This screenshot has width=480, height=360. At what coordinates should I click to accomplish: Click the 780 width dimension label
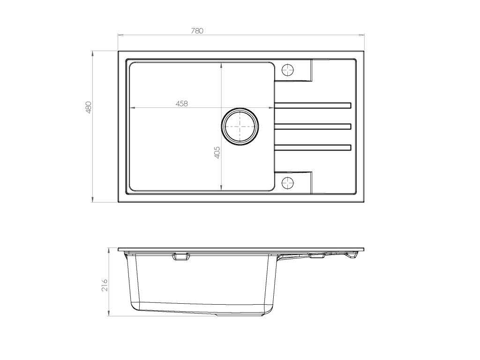pyautogui.click(x=197, y=30)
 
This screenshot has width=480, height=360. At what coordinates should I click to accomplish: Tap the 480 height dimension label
pyautogui.click(x=89, y=107)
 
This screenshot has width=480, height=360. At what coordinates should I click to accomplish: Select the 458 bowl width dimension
pyautogui.click(x=181, y=104)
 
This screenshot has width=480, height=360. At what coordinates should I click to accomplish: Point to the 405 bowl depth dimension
pyautogui.click(x=217, y=152)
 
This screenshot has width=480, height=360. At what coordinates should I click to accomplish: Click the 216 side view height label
pyautogui.click(x=105, y=285)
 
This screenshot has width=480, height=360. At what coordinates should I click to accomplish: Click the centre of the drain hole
pyautogui.click(x=240, y=126)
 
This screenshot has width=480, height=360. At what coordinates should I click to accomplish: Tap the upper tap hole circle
pyautogui.click(x=287, y=70)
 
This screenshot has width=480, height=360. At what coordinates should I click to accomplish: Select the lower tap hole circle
pyautogui.click(x=287, y=183)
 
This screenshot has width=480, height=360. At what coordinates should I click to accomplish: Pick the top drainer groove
pyautogui.click(x=313, y=105)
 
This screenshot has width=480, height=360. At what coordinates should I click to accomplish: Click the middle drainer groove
pyautogui.click(x=313, y=127)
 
